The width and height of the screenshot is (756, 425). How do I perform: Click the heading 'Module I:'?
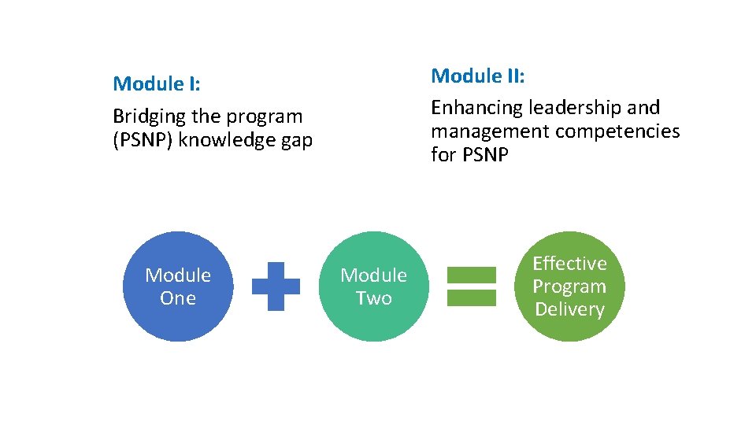click(x=156, y=83)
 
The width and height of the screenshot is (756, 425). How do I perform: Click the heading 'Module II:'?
click(x=477, y=76)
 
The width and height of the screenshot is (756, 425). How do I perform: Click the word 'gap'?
click(x=296, y=141)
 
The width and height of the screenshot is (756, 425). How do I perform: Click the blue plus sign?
click(x=276, y=286)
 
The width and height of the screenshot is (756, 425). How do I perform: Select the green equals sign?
click(x=472, y=286)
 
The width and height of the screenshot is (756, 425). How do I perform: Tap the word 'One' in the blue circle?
click(x=178, y=298)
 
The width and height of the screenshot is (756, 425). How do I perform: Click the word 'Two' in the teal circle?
click(x=373, y=298)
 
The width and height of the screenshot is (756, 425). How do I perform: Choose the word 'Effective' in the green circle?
click(x=569, y=264)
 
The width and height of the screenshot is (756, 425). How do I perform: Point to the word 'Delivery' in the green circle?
click(x=569, y=309)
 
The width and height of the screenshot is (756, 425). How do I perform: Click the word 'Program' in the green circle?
click(x=569, y=286)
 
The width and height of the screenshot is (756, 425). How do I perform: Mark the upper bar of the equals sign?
click(x=472, y=275)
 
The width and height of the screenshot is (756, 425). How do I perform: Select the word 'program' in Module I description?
click(x=265, y=117)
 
